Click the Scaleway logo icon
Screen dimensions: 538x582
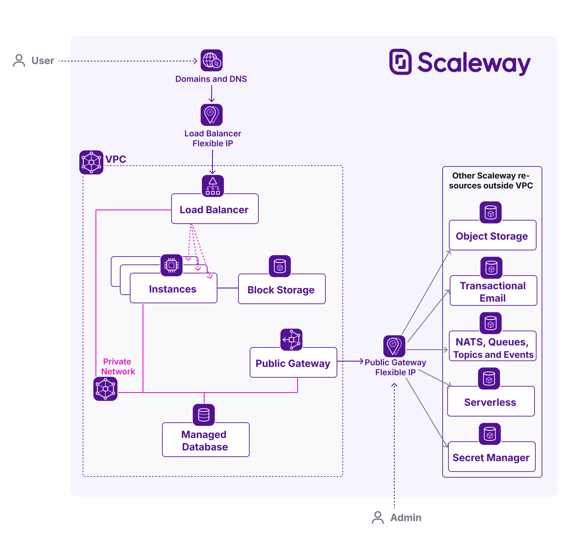coord(400,62)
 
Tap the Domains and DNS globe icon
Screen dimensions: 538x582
coord(212,60)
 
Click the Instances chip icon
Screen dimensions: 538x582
coord(171,265)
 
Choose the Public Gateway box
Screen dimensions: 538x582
coord(293,363)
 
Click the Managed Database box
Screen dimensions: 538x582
coord(205,440)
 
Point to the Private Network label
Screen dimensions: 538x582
coord(118,367)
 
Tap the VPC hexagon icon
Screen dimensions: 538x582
coord(91,162)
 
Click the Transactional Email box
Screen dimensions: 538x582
coord(493,291)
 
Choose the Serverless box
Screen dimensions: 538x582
coord(491,402)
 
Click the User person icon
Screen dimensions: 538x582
coord(19,60)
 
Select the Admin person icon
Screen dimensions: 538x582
coord(378,517)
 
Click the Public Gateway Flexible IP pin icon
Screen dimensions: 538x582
coord(394,346)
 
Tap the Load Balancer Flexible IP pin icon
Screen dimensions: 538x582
coord(212,115)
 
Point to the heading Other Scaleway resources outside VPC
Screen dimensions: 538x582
coord(491,181)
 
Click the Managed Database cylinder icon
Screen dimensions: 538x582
coord(204,414)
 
